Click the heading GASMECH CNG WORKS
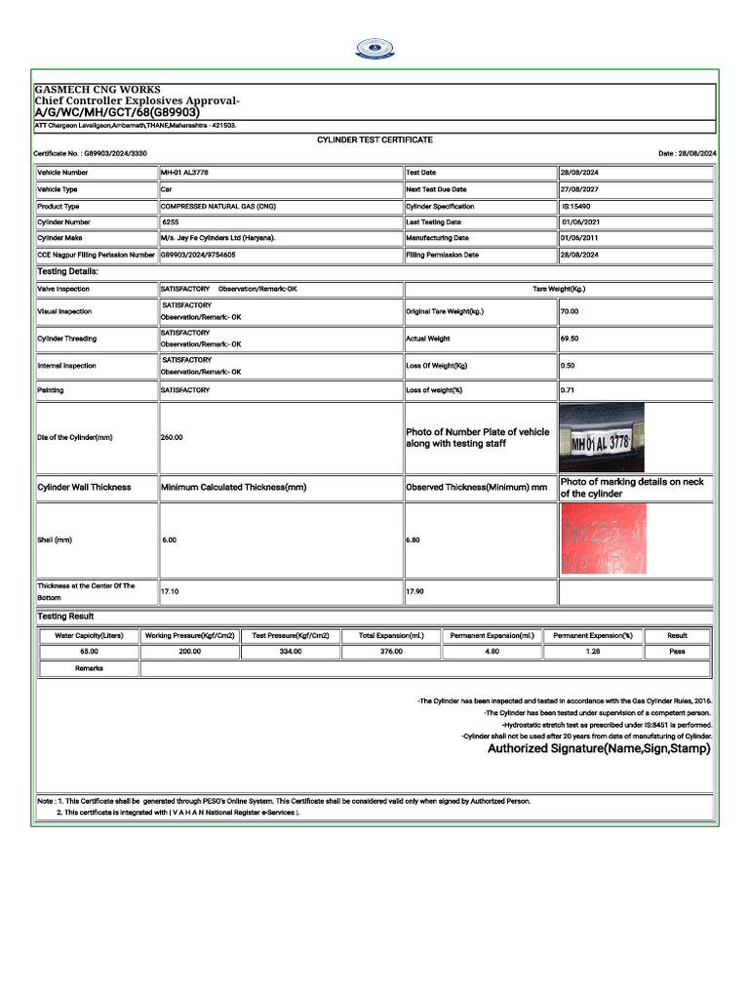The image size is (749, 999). pos(98,90)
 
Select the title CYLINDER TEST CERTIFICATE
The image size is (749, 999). pos(374,140)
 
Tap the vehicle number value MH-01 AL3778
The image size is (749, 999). pos(184,173)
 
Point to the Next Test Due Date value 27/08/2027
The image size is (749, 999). pos(579,189)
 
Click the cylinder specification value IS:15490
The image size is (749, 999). pos(576,207)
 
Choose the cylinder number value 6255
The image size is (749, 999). pos(172,222)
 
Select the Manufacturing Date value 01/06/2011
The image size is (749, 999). pos(579,237)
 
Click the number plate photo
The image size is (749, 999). pos(601,438)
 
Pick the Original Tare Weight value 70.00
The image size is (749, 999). pos(570,311)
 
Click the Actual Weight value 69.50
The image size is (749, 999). pos(570,339)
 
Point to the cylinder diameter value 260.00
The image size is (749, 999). pos(172,438)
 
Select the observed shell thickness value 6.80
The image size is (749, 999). pos(414,539)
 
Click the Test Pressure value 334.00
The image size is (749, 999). pos(291,651)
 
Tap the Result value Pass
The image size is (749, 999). pos(677,651)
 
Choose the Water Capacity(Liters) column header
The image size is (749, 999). pos(89,635)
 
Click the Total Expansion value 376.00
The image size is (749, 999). pos(391,651)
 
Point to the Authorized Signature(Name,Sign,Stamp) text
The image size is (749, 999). pos(599,749)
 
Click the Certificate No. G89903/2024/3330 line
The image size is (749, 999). pos(91,154)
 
